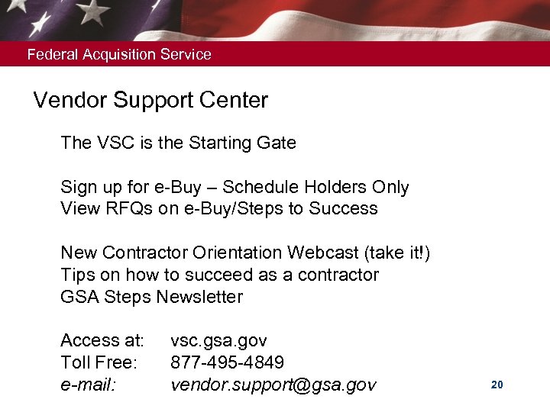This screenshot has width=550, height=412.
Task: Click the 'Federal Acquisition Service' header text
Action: (119, 55)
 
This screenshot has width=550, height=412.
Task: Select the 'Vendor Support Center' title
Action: (150, 101)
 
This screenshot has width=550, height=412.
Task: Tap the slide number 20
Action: (497, 385)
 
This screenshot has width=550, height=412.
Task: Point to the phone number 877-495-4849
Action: (227, 362)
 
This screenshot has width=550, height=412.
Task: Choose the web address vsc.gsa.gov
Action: (218, 340)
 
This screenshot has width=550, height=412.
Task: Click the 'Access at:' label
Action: (102, 340)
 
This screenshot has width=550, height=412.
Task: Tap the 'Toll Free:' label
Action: (98, 362)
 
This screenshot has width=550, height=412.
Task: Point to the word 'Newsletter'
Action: (199, 297)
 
